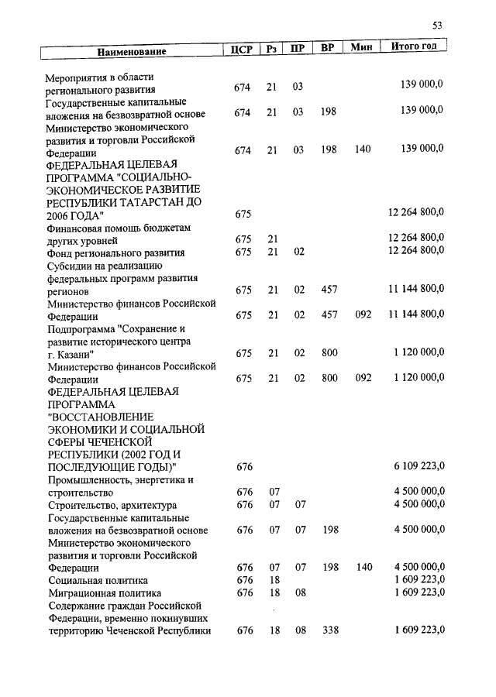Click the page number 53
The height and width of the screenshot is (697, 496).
tap(437, 26)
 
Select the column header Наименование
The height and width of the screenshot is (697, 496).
tap(132, 51)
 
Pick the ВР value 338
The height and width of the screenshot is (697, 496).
tap(329, 631)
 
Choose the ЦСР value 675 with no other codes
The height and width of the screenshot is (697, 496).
tap(243, 214)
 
